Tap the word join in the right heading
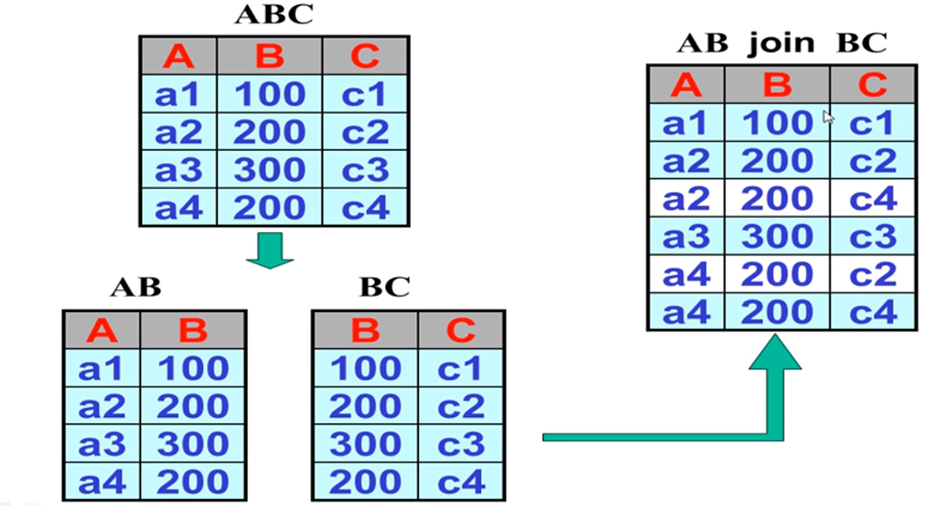tap(788, 42)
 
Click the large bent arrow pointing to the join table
tap(775, 386)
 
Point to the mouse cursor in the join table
tap(828, 118)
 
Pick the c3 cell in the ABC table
tap(365, 169)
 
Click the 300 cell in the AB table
tap(192, 444)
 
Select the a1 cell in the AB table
tap(102, 368)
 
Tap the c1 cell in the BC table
tap(460, 368)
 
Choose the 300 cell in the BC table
tap(364, 444)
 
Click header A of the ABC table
tap(179, 57)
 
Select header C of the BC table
tap(460, 331)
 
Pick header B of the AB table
tap(192, 331)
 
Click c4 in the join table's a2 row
tap(872, 198)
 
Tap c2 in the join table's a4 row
tap(872, 274)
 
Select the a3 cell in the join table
tap(686, 236)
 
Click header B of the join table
tap(777, 84)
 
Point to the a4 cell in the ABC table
tap(179, 207)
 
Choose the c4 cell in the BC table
tap(460, 482)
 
